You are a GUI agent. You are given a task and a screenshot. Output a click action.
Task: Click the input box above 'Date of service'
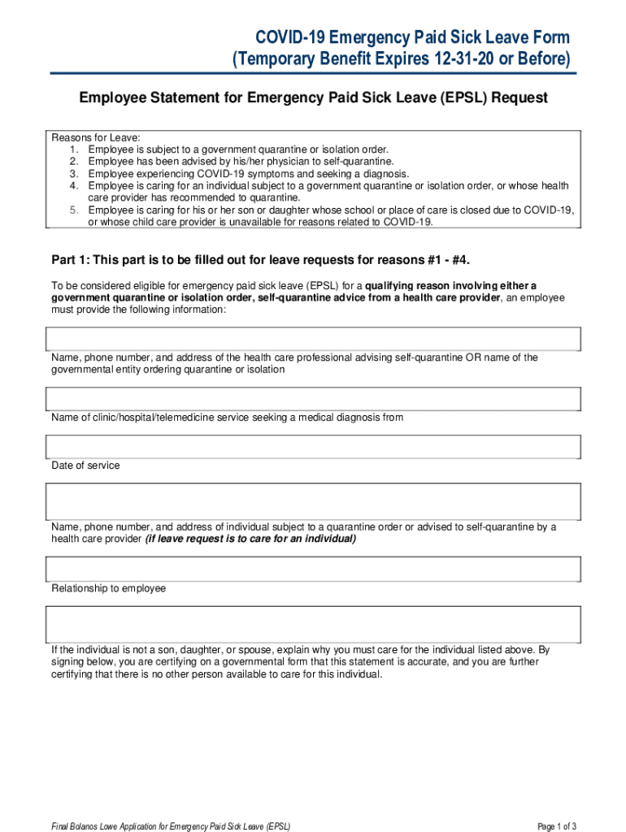tap(313, 446)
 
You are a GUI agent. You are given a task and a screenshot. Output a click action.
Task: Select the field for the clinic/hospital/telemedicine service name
tap(313, 398)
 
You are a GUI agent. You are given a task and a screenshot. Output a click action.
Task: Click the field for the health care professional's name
tap(313, 338)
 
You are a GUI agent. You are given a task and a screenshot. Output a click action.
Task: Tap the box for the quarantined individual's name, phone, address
tap(313, 501)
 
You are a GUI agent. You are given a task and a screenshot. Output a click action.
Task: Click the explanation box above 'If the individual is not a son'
tap(313, 624)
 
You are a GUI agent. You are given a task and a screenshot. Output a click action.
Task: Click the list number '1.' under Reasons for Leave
tap(74, 149)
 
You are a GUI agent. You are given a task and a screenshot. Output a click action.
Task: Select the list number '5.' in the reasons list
tap(74, 210)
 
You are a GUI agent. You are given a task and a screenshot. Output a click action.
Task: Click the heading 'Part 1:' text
tap(71, 260)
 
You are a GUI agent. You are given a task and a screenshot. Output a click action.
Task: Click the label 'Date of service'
tap(85, 466)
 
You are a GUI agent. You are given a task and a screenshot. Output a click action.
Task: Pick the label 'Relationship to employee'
tap(108, 588)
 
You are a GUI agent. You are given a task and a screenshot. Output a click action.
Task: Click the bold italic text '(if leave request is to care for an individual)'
tap(250, 539)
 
